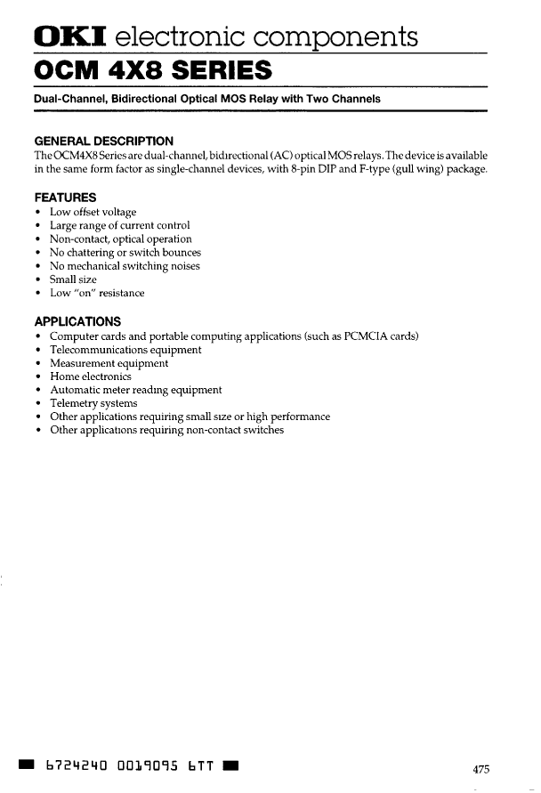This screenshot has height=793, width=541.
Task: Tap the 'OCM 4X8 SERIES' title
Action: click(x=152, y=69)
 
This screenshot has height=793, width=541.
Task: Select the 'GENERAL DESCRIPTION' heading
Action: click(x=103, y=142)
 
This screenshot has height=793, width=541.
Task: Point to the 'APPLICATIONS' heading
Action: click(x=77, y=321)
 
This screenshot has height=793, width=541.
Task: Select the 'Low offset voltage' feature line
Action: click(x=93, y=213)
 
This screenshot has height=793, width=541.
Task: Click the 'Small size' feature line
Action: click(x=73, y=279)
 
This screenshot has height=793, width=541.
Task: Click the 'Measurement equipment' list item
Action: click(x=109, y=363)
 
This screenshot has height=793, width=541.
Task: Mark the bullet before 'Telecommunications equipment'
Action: click(x=37, y=350)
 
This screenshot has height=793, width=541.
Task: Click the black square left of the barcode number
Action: click(x=28, y=765)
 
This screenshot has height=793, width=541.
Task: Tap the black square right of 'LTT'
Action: click(x=229, y=765)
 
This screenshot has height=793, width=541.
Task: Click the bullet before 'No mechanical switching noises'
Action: click(x=37, y=266)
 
